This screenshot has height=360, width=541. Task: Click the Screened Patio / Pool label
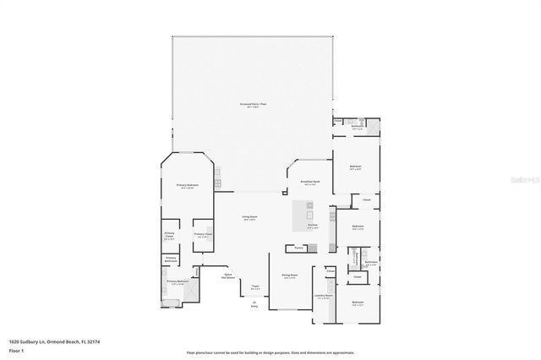(253, 105)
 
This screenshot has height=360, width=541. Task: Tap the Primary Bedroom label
(187, 184)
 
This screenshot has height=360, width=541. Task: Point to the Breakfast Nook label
(310, 182)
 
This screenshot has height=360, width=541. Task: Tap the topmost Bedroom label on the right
(356, 166)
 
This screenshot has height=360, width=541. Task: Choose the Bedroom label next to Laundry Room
(358, 302)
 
